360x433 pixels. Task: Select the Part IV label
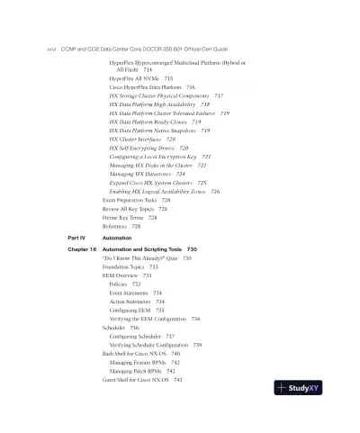[76, 237]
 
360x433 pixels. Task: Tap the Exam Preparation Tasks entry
[130, 200]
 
